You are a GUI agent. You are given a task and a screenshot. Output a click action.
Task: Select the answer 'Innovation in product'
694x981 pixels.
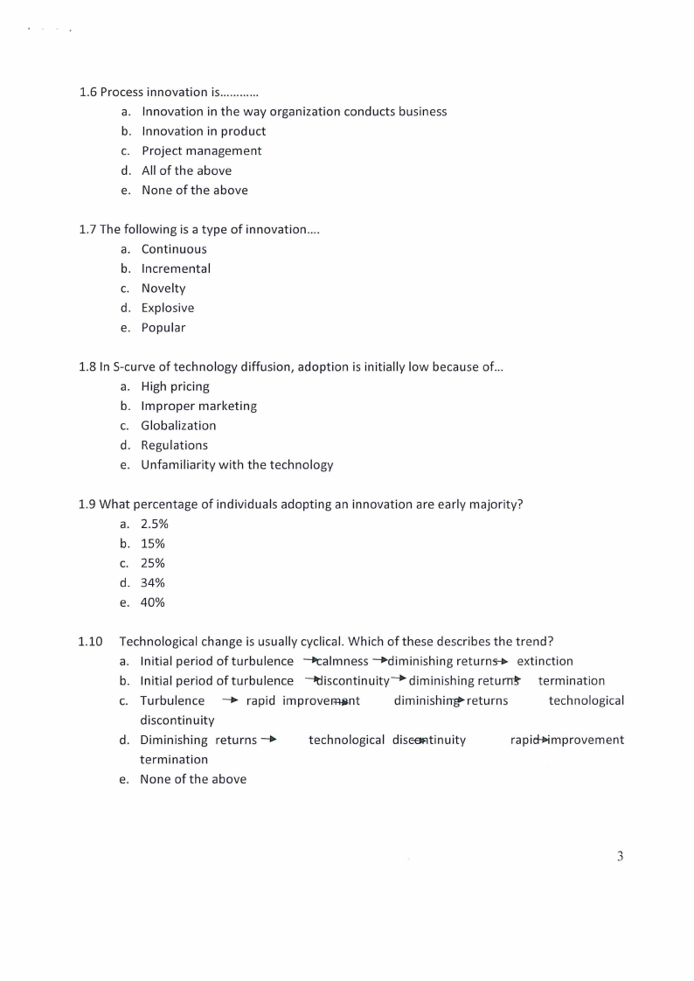[204, 131]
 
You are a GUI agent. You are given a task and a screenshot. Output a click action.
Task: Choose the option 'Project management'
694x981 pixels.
[201, 150]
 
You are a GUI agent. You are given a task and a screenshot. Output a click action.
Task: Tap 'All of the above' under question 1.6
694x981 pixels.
[186, 170]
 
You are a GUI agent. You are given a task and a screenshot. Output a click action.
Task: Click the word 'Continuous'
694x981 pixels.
[174, 249]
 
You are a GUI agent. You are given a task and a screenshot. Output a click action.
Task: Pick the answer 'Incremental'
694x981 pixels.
[176, 268]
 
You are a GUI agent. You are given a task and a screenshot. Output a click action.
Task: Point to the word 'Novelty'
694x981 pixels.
[163, 289]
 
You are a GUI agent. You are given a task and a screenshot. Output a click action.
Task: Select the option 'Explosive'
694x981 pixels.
[168, 308]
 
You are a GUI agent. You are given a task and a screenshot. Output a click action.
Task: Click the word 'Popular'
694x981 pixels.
[163, 328]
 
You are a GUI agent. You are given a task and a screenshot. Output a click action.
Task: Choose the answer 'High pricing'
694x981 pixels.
[175, 386]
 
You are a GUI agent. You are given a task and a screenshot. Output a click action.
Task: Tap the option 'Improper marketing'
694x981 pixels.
[198, 406]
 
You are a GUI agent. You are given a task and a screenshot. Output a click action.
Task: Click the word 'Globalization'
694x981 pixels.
[178, 426]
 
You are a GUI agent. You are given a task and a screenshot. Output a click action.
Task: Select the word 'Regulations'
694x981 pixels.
[174, 445]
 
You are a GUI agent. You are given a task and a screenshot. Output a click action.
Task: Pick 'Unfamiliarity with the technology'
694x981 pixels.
[237, 465]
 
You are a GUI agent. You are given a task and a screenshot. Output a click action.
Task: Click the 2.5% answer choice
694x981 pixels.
[154, 524]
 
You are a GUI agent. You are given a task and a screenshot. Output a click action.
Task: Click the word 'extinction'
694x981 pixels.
[545, 661]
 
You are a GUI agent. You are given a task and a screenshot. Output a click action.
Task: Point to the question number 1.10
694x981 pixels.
[90, 642]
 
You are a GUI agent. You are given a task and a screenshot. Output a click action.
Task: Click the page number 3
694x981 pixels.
[620, 857]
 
